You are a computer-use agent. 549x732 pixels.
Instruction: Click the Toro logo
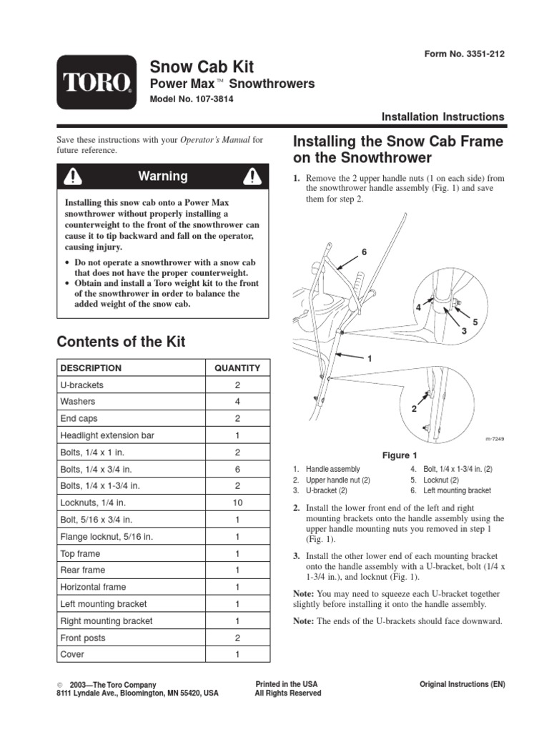click(97, 82)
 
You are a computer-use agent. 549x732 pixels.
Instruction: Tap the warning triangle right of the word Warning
click(251, 176)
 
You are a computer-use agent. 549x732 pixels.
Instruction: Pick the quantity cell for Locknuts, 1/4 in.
click(237, 503)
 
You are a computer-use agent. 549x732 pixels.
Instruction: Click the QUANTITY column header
click(237, 368)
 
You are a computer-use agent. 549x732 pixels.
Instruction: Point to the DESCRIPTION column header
click(91, 368)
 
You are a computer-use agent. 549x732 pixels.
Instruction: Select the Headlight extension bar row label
click(107, 435)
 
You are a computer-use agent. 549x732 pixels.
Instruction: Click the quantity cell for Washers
click(237, 402)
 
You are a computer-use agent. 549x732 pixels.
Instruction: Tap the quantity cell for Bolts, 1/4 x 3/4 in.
click(237, 470)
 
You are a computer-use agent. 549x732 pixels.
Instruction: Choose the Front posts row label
click(83, 638)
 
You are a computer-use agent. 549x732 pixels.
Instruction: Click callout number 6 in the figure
click(363, 252)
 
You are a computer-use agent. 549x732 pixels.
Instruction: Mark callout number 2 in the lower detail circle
click(413, 408)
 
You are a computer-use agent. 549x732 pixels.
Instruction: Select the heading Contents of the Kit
click(121, 342)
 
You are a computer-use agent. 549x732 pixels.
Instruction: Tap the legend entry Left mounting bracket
click(457, 491)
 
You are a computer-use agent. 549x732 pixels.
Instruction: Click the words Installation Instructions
click(442, 117)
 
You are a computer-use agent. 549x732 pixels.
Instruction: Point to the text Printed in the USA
click(287, 684)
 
